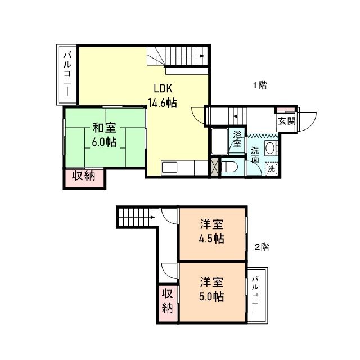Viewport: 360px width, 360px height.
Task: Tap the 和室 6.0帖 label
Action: (105, 134)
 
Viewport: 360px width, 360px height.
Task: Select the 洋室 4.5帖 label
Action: (212, 231)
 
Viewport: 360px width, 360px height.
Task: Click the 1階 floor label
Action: (259, 85)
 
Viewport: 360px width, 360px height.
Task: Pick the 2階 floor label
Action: (262, 246)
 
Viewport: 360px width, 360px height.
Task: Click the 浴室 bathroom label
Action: (237, 139)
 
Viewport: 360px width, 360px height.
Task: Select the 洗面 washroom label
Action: (255, 155)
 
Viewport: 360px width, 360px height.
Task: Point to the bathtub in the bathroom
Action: (220, 143)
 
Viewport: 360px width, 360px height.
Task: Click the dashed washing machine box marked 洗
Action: (272, 168)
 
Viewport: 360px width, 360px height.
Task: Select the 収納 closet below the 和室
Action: (83, 176)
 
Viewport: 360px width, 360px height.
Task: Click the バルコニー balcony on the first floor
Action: (67, 75)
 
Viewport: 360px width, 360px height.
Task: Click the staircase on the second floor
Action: (137, 217)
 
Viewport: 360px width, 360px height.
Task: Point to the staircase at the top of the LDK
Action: (177, 56)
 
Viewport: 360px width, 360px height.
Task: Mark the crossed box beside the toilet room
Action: (213, 168)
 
